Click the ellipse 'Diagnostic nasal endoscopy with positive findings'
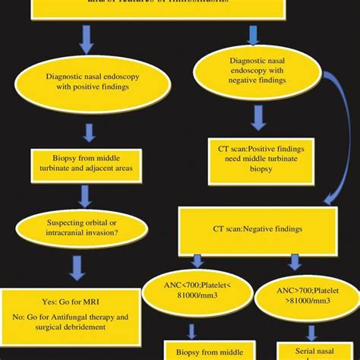85,82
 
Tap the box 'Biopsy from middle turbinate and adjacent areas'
85,165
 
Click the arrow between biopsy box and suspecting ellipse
86,195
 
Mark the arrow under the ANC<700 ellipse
191,330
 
